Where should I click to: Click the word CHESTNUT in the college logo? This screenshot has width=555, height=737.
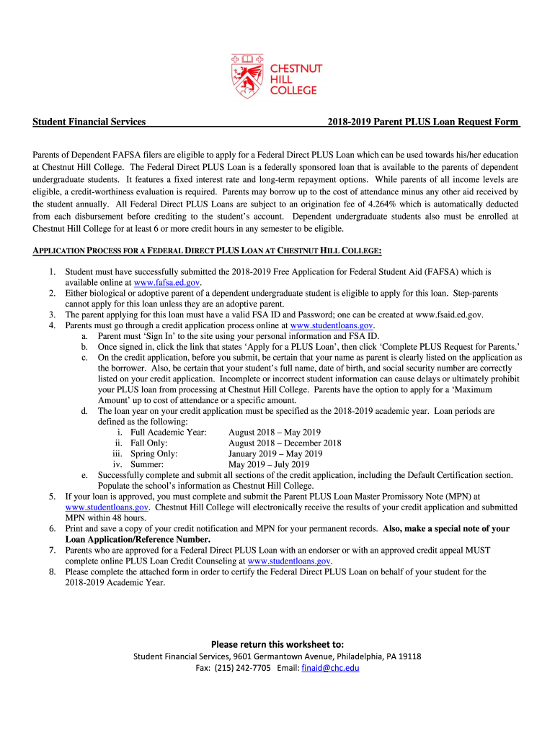(x=296, y=68)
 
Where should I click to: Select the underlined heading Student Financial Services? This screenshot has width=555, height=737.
(x=89, y=122)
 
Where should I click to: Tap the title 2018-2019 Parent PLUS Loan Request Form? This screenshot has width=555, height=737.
(x=422, y=122)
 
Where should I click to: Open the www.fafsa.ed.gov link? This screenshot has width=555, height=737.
(x=162, y=283)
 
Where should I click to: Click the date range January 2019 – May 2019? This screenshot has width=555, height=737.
(x=275, y=454)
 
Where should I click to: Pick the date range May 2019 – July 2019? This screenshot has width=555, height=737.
(x=268, y=464)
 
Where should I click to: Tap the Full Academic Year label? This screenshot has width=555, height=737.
(x=168, y=433)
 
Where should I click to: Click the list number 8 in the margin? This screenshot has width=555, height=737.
(x=53, y=571)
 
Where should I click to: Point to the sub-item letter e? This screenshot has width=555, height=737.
(x=84, y=475)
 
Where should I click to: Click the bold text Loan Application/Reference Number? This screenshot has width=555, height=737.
(x=138, y=539)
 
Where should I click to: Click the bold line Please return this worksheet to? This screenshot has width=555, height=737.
(x=277, y=643)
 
